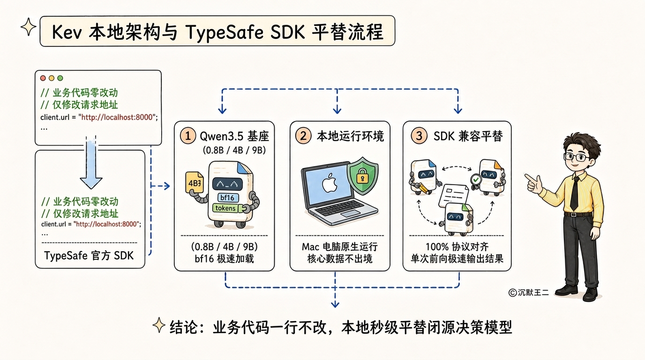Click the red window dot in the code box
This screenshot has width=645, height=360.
pos(43,78)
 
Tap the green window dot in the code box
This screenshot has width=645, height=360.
pos(60,78)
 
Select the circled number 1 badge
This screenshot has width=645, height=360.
pos(188,135)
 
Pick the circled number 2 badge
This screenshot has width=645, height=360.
pos(303,135)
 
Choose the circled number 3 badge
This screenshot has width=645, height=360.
pos(419,135)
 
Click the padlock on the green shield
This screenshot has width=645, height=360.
pos(362,176)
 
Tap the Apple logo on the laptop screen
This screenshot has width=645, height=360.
pos(330,183)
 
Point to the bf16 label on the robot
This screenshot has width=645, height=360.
pos(227,197)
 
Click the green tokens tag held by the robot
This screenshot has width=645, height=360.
pos(225,208)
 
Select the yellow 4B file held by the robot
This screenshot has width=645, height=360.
pos(195,182)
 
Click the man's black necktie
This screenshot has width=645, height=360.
pos(575,193)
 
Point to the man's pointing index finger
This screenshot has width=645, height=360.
pos(529,177)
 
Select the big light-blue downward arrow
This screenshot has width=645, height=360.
pos(91,163)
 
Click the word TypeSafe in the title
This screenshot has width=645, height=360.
pos(225,32)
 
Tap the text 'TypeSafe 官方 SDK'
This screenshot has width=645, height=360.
pos(89,256)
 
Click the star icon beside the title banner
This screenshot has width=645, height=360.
pos(29,27)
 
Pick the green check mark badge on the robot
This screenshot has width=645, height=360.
pos(476,180)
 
